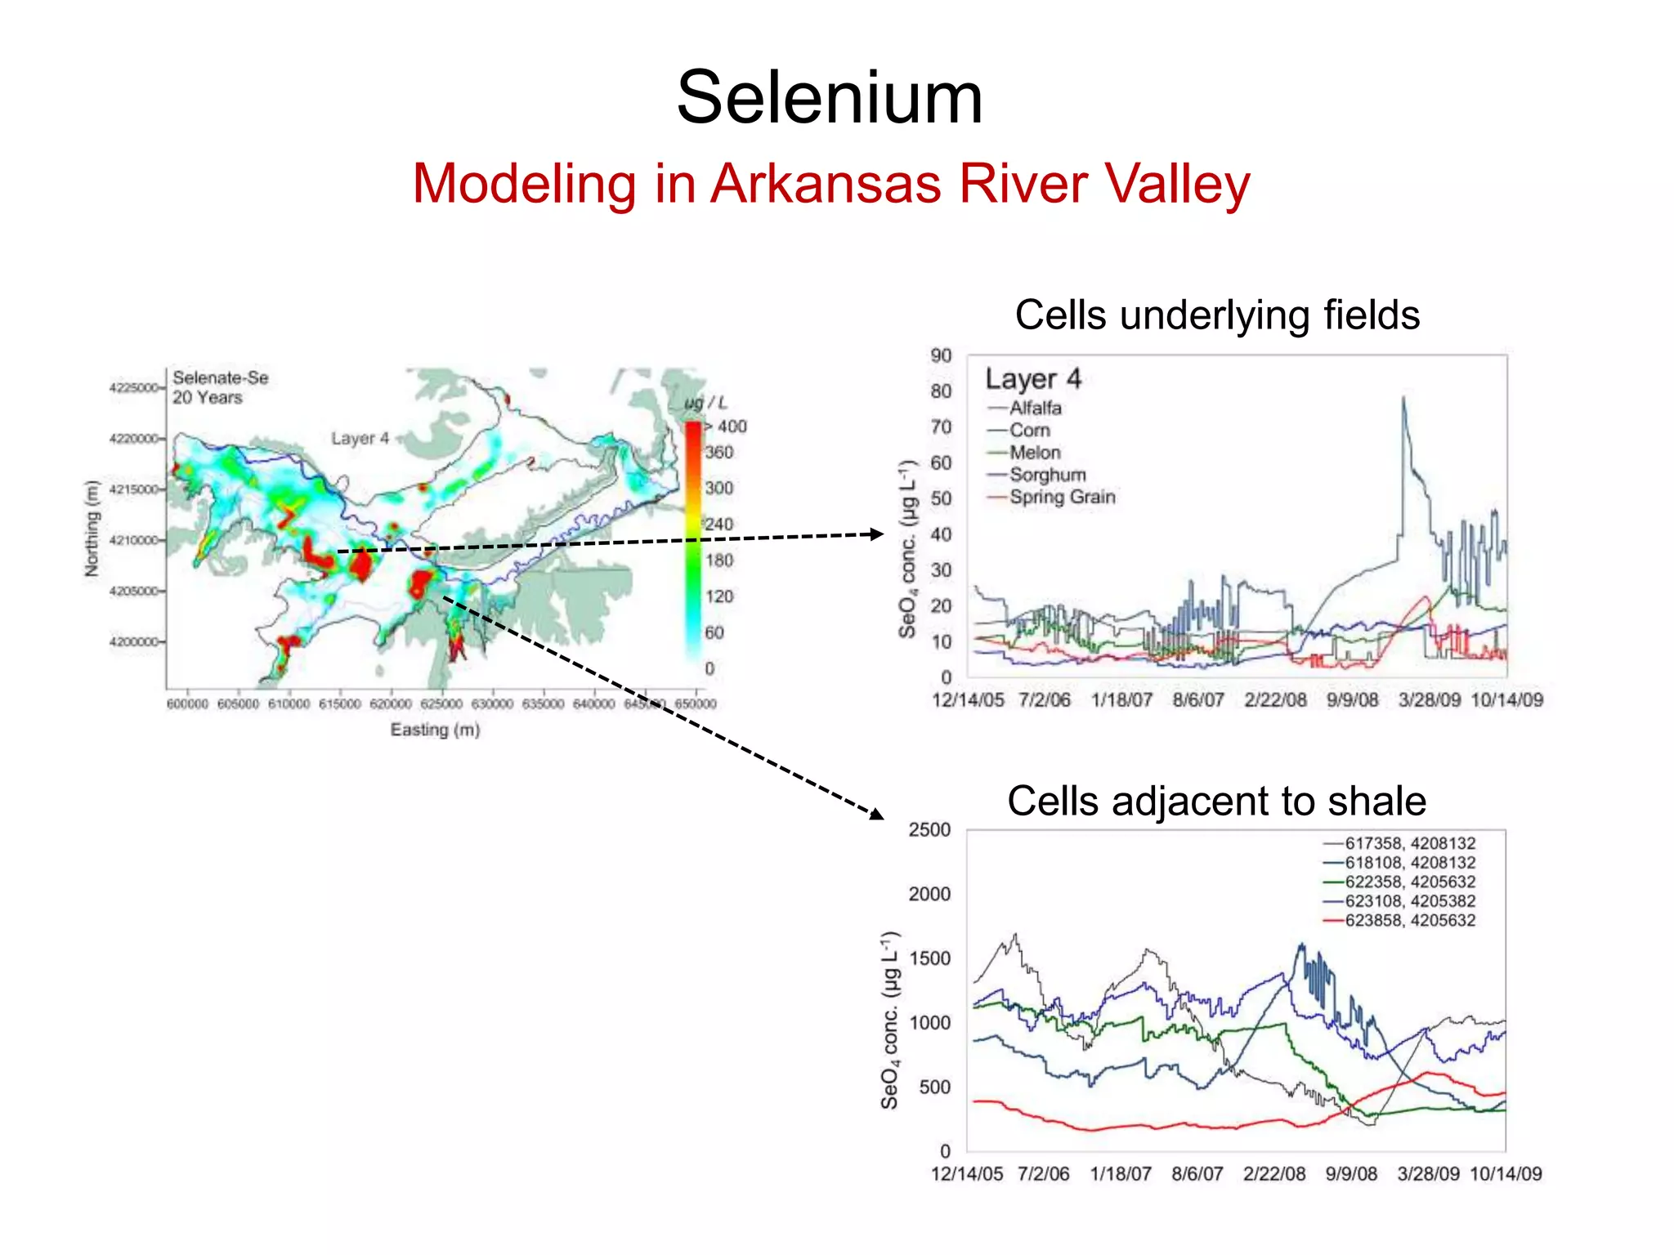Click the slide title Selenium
pyautogui.click(x=830, y=98)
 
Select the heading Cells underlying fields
pyautogui.click(x=1217, y=315)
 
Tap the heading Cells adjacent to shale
pyautogui.click(x=1216, y=801)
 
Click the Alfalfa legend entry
pyautogui.click(x=1035, y=408)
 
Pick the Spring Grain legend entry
pyautogui.click(x=1061, y=497)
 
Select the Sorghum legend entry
pyautogui.click(x=1047, y=475)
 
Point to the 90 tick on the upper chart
pyautogui.click(x=941, y=355)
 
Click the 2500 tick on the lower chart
pyautogui.click(x=929, y=830)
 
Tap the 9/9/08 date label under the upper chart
pyautogui.click(x=1352, y=700)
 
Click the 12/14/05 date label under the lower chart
pyautogui.click(x=967, y=1174)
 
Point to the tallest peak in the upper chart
pyautogui.click(x=1403, y=399)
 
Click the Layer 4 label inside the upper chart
pyautogui.click(x=1033, y=379)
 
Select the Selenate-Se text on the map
pyautogui.click(x=220, y=378)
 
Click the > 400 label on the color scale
pyautogui.click(x=726, y=427)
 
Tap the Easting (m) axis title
pyautogui.click(x=435, y=730)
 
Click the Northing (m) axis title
pyautogui.click(x=92, y=529)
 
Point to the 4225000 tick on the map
pyautogui.click(x=134, y=387)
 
